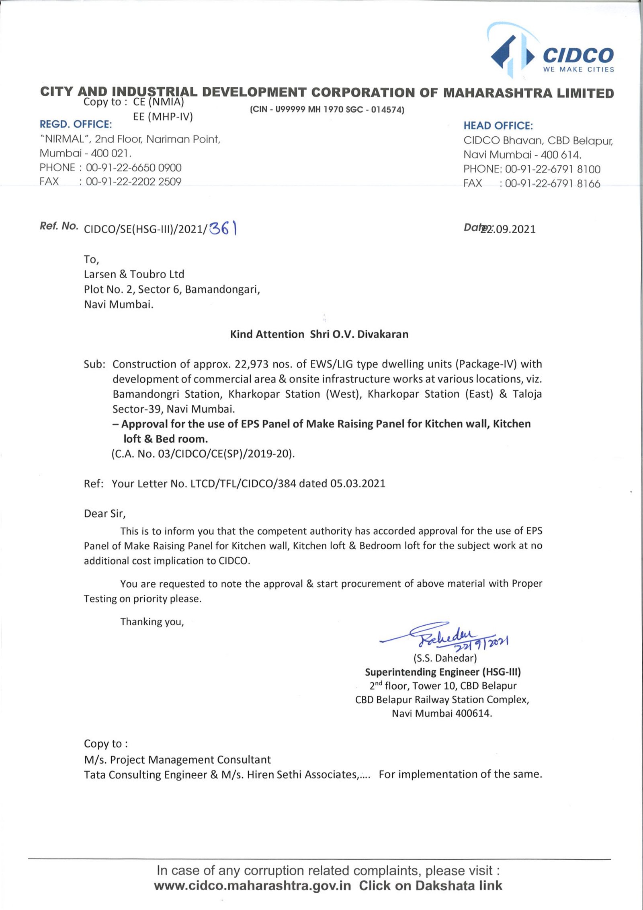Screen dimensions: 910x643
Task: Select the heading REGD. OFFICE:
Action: (76, 124)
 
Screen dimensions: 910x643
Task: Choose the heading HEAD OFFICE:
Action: (498, 126)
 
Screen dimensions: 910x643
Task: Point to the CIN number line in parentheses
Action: (327, 109)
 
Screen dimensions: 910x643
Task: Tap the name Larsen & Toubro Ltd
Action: (134, 274)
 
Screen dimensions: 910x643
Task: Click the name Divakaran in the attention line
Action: (383, 334)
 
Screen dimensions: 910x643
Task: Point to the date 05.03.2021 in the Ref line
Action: (358, 483)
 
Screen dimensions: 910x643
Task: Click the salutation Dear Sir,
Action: (104, 514)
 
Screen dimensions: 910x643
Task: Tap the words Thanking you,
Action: (152, 622)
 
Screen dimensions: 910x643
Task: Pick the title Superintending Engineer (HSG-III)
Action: (442, 672)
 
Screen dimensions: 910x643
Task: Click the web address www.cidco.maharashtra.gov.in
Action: (252, 885)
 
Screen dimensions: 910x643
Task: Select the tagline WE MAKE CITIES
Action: (578, 70)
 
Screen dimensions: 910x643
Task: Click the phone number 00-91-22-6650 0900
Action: (133, 168)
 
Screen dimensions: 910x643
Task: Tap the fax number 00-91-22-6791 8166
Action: (552, 184)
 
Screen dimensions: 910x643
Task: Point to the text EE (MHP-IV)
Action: (163, 117)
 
